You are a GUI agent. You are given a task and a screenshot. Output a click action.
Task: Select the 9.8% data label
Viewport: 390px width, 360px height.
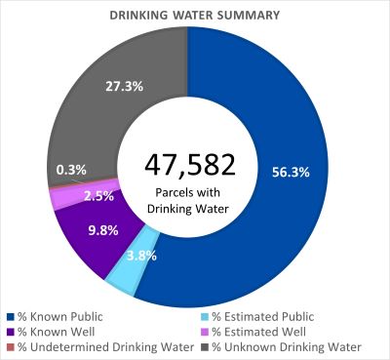[87, 230]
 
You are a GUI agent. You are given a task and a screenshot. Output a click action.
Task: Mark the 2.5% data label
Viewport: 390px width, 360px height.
[98, 196]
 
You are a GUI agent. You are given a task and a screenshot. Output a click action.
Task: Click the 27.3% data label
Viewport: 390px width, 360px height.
[125, 86]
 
